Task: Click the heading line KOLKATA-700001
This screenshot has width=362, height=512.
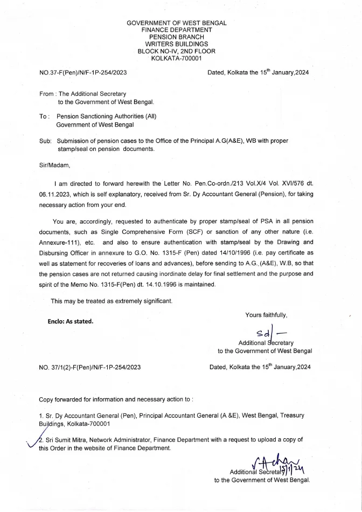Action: (176, 58)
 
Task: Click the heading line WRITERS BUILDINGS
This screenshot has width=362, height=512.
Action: (176, 44)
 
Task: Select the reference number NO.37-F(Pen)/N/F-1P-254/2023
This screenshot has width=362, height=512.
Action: (83, 72)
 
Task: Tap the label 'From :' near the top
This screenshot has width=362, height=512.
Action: (47, 94)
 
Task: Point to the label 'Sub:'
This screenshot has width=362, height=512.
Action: (45, 141)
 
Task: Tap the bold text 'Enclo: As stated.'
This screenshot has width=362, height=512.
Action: (71, 321)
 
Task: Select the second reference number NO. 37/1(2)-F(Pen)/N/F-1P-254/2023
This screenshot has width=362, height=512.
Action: (90, 367)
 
